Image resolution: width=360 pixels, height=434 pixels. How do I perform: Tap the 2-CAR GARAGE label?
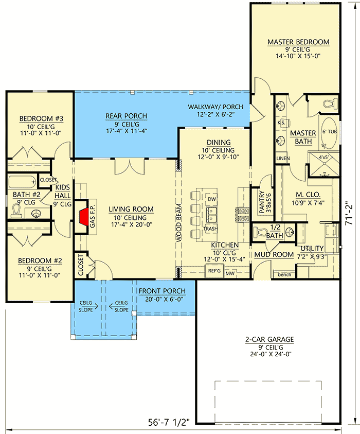coord(269,339)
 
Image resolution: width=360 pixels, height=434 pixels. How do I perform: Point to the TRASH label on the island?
coord(209,229)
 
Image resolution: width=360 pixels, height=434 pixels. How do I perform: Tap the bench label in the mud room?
coord(284,274)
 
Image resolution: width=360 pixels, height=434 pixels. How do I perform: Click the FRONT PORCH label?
coord(161,291)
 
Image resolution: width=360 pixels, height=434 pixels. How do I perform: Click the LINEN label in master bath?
coord(282,159)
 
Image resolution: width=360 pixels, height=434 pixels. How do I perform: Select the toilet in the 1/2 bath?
coord(261,231)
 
